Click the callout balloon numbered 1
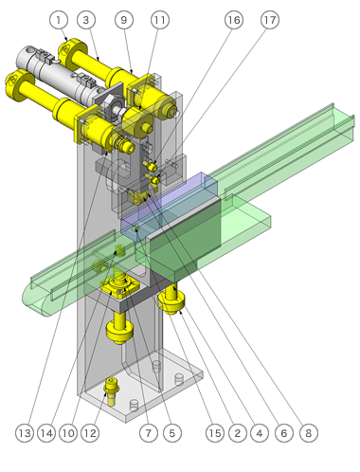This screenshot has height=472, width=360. [x=59, y=20]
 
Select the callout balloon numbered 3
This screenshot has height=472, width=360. [x=86, y=20]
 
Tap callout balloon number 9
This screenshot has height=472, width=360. [x=124, y=20]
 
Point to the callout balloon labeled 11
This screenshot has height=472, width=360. [x=160, y=20]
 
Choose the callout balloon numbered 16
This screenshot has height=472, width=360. [x=234, y=20]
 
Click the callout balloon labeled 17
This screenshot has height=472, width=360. [x=270, y=20]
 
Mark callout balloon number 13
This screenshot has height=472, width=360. [x=25, y=433]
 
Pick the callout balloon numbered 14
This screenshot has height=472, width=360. [x=46, y=433]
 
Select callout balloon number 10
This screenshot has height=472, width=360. [x=68, y=433]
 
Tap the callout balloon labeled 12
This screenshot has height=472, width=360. [x=90, y=433]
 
